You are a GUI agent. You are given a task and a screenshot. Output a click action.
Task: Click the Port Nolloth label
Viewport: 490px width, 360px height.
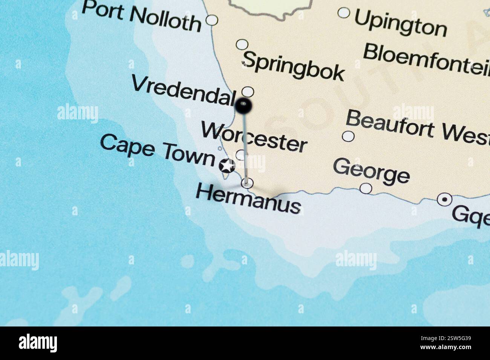(141, 17)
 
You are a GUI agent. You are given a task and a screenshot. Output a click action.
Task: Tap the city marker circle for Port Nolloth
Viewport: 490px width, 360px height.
(212, 20)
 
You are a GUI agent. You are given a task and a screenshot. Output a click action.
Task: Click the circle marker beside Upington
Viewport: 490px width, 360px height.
(344, 13)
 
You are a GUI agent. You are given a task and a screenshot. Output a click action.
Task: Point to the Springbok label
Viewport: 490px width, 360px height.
(293, 66)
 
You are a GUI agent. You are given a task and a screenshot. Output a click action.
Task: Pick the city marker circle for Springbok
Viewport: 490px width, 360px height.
(242, 44)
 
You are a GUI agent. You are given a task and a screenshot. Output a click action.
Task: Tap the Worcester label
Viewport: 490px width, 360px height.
(254, 137)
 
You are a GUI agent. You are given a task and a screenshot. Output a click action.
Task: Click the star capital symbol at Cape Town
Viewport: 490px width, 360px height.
(227, 166)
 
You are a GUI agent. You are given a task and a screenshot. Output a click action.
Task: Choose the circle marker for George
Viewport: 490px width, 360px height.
(366, 188)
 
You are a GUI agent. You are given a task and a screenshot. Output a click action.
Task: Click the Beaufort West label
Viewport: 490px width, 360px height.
(417, 126)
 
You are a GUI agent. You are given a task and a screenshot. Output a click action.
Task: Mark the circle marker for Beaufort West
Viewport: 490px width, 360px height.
(348, 136)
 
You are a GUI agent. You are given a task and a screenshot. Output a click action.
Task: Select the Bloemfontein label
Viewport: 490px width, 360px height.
(426, 58)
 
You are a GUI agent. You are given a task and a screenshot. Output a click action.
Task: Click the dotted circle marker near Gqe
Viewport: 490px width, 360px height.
(445, 199)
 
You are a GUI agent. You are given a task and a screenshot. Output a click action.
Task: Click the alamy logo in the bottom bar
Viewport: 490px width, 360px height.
(38, 343)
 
